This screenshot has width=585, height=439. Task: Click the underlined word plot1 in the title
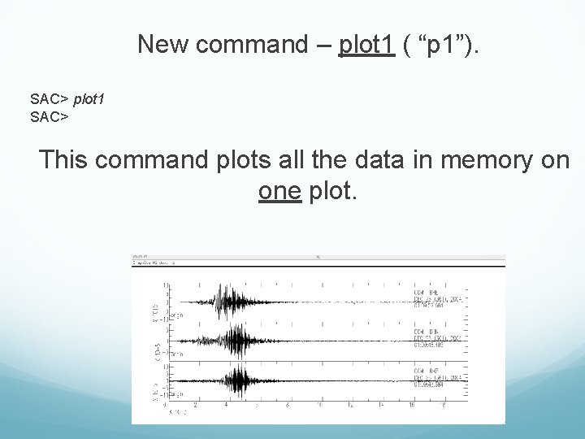point(366,44)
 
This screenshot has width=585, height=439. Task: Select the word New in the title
point(163,44)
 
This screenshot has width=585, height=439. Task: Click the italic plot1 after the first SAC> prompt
point(89,99)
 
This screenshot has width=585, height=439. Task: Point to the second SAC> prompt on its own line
point(49,116)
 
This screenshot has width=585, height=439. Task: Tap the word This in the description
point(66,159)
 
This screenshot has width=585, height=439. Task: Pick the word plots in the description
point(246,159)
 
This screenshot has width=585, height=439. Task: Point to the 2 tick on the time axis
point(195,404)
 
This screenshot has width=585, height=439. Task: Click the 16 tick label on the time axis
point(412,404)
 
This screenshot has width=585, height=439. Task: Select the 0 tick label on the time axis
point(165,404)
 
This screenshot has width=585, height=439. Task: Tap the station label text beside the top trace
point(439,298)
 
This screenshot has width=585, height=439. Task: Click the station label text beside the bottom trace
point(439,378)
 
